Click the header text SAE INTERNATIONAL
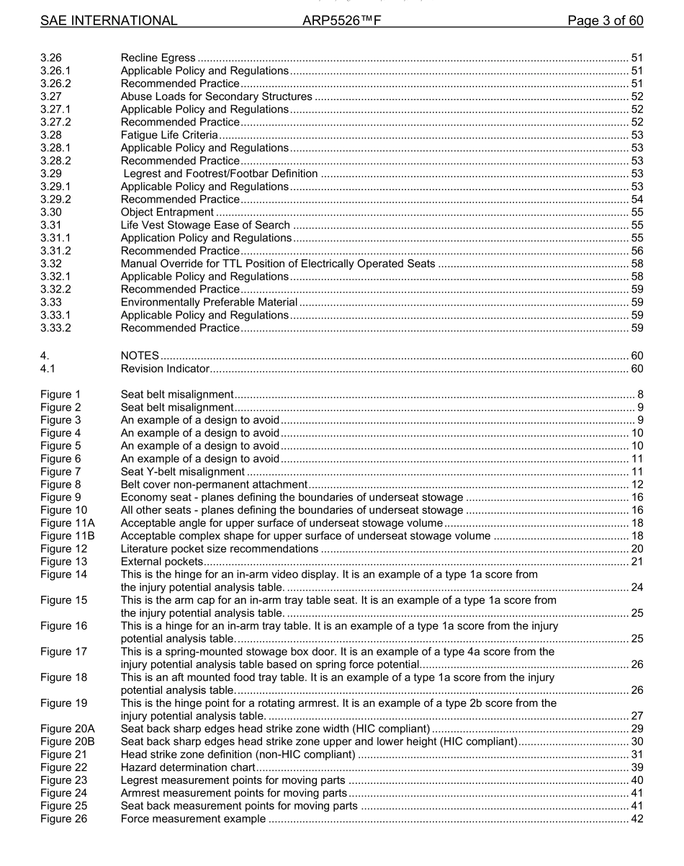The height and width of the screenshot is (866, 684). pyautogui.click(x=109, y=21)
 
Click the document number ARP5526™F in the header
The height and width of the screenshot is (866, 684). pyautogui.click(x=342, y=21)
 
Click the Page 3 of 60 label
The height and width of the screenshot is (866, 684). pyautogui.click(x=606, y=21)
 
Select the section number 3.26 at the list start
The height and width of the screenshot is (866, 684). pyautogui.click(x=52, y=58)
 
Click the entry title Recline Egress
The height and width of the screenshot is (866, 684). pyautogui.click(x=158, y=58)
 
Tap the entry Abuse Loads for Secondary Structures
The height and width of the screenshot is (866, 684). pyautogui.click(x=216, y=97)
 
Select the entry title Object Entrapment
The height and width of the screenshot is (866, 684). pyautogui.click(x=167, y=212)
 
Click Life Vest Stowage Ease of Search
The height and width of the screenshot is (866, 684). pyautogui.click(x=205, y=225)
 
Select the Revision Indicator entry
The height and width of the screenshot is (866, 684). pyautogui.click(x=165, y=369)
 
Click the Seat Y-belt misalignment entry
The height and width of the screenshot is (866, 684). pyautogui.click(x=182, y=472)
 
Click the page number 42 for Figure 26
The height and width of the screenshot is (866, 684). pyautogui.click(x=636, y=819)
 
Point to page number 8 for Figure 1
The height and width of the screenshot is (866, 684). pyautogui.click(x=640, y=395)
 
